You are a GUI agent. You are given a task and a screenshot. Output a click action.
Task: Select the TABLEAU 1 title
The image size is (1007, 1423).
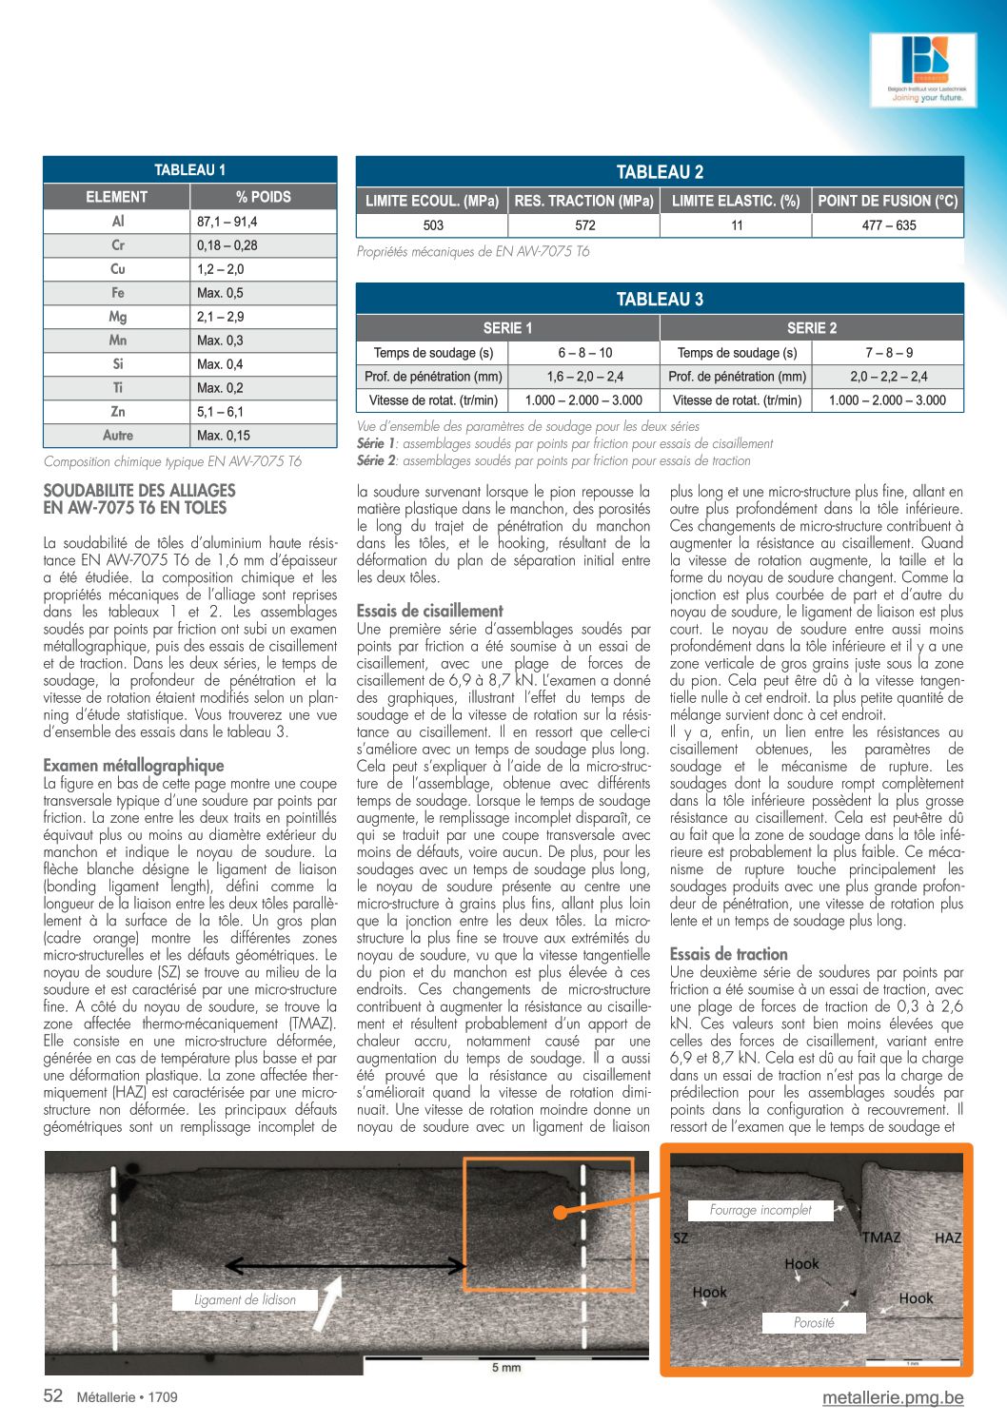click(190, 170)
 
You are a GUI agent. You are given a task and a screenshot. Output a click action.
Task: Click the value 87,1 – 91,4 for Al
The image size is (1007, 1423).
click(227, 222)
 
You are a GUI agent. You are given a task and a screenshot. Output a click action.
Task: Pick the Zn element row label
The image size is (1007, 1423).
click(117, 412)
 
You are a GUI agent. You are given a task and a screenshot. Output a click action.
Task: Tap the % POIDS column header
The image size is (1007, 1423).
click(263, 197)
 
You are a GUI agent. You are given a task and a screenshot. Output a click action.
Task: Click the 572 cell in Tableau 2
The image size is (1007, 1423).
click(584, 225)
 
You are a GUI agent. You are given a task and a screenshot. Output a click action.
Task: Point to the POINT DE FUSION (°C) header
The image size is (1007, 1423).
click(887, 201)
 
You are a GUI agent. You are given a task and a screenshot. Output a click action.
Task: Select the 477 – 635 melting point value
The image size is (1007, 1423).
click(888, 225)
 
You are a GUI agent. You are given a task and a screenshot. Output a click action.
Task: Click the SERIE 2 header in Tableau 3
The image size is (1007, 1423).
click(812, 328)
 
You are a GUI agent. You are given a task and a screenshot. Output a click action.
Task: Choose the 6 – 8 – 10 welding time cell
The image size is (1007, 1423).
click(584, 353)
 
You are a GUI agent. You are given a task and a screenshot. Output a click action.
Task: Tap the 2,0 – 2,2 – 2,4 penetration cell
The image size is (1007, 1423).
click(888, 377)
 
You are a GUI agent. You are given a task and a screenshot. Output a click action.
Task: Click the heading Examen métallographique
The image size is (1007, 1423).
click(133, 765)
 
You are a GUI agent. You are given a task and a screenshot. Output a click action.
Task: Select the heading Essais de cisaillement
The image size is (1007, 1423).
click(429, 611)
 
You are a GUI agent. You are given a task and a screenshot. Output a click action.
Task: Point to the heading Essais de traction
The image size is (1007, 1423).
click(728, 954)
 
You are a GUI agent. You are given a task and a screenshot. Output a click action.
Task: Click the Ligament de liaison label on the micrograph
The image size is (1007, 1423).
click(245, 1300)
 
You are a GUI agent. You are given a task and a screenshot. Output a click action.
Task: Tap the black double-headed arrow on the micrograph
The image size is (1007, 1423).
click(346, 1266)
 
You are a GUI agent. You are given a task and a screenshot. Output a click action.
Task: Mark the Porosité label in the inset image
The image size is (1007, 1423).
click(814, 1322)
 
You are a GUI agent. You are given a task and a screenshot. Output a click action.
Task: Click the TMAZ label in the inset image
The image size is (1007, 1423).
click(880, 1238)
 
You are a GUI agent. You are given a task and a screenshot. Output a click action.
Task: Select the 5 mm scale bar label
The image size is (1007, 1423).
click(506, 1368)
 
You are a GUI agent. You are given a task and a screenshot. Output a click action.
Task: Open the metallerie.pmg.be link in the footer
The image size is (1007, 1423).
click(893, 1397)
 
